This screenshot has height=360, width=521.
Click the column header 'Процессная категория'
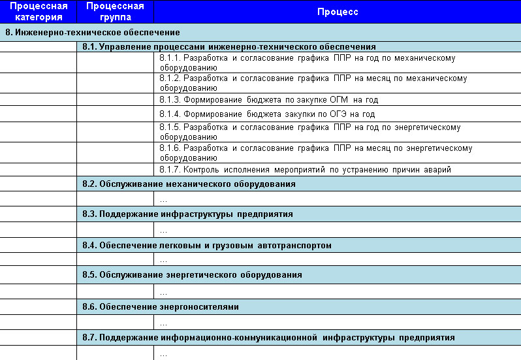(x=38, y=12)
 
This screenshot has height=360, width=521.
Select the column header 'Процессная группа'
(x=115, y=12)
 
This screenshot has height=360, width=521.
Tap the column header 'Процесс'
(x=338, y=12)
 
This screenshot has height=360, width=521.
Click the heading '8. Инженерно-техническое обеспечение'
(x=93, y=32)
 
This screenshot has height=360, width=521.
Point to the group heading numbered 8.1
(x=229, y=47)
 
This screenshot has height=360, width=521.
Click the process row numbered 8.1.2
(x=313, y=82)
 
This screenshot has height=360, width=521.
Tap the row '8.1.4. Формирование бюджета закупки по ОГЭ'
(x=267, y=114)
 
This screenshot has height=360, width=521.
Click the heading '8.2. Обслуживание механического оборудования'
(x=189, y=184)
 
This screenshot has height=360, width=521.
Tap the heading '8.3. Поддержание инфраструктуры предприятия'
(x=187, y=214)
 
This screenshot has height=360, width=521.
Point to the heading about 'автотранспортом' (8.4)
(x=207, y=246)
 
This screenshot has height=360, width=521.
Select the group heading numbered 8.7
(x=268, y=338)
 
